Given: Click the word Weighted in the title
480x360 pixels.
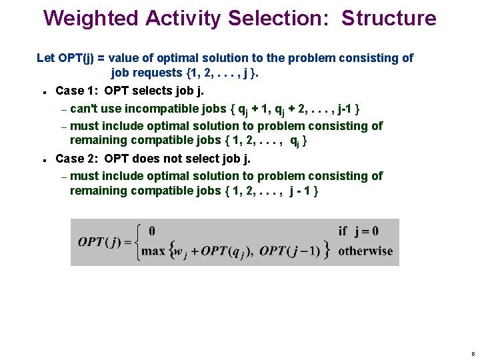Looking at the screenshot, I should pyautogui.click(x=86, y=19).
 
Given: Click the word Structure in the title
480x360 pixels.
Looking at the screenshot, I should pyautogui.click(x=389, y=19).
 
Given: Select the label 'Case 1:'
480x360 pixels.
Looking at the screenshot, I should pyautogui.click(x=77, y=91).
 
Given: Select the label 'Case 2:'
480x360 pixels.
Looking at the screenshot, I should pyautogui.click(x=77, y=159).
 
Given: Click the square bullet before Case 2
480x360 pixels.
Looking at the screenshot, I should pyautogui.click(x=43, y=160).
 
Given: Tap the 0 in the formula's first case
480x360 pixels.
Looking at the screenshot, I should pyautogui.click(x=152, y=231).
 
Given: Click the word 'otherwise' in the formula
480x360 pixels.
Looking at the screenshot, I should pyautogui.click(x=365, y=251).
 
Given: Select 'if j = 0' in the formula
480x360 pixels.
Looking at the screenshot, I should pyautogui.click(x=358, y=231).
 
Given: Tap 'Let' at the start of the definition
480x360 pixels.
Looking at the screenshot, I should pyautogui.click(x=45, y=58).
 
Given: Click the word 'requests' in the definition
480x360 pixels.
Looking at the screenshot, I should pyautogui.click(x=157, y=73).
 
